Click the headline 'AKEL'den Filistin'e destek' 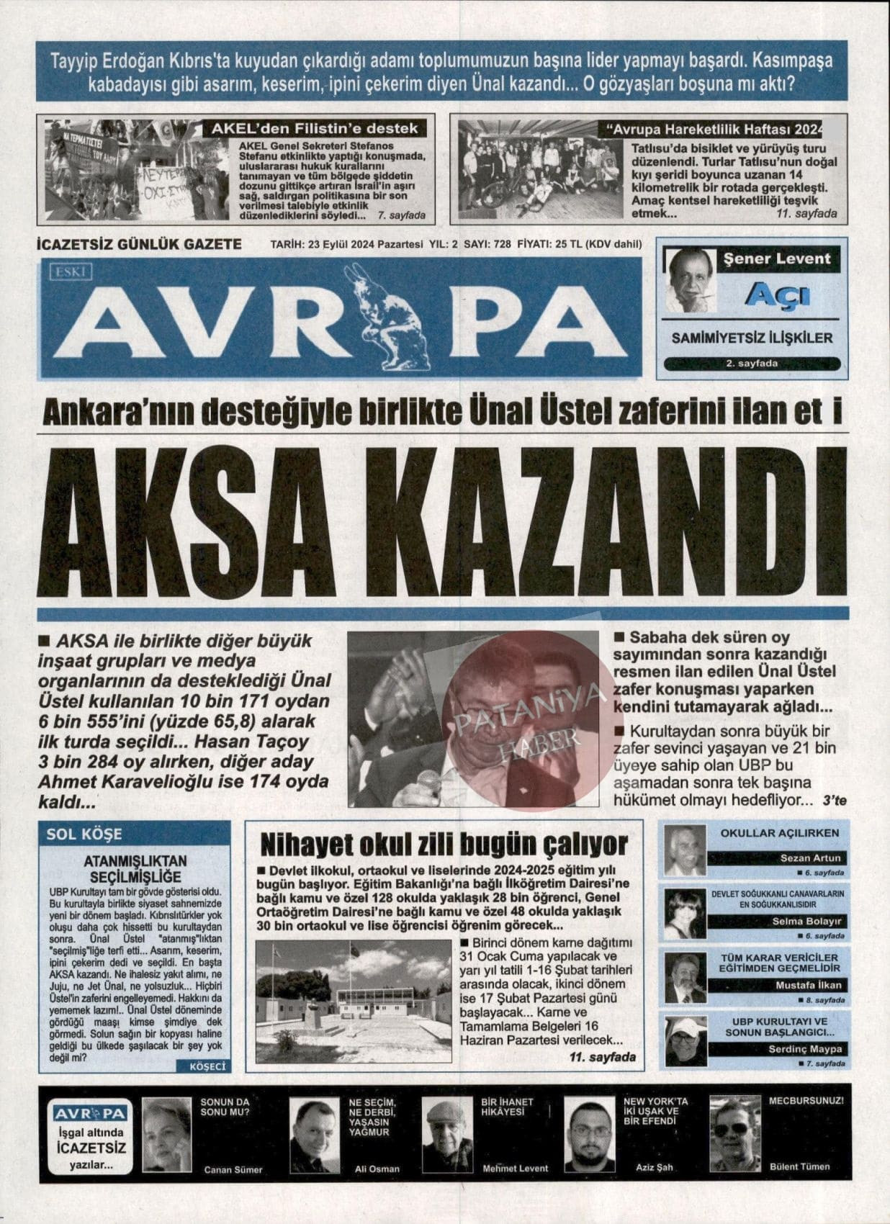pyautogui.click(x=315, y=129)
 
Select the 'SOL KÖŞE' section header pyautogui.click(x=84, y=834)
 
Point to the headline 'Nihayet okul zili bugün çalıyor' pyautogui.click(x=444, y=844)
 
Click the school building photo pyautogui.click(x=354, y=1001)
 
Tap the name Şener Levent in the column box pyautogui.click(x=777, y=259)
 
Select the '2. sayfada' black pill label pyautogui.click(x=751, y=364)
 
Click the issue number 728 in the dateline pyautogui.click(x=502, y=244)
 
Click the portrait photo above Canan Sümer pyautogui.click(x=168, y=1134)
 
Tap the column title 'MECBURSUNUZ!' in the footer pyautogui.click(x=805, y=1101)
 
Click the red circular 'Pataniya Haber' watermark pyautogui.click(x=522, y=720)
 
